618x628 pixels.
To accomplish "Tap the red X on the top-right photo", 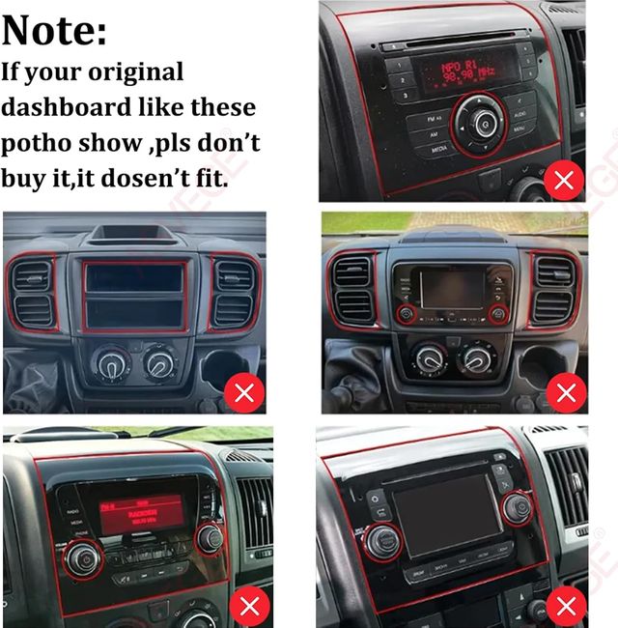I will tap(564, 179).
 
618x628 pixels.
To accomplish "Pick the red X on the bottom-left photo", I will tap(249, 606).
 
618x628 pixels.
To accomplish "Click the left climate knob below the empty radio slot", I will tap(105, 364).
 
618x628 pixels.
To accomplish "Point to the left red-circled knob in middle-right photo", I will tap(405, 313).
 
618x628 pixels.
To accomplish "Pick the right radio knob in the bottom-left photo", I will tap(209, 537).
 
